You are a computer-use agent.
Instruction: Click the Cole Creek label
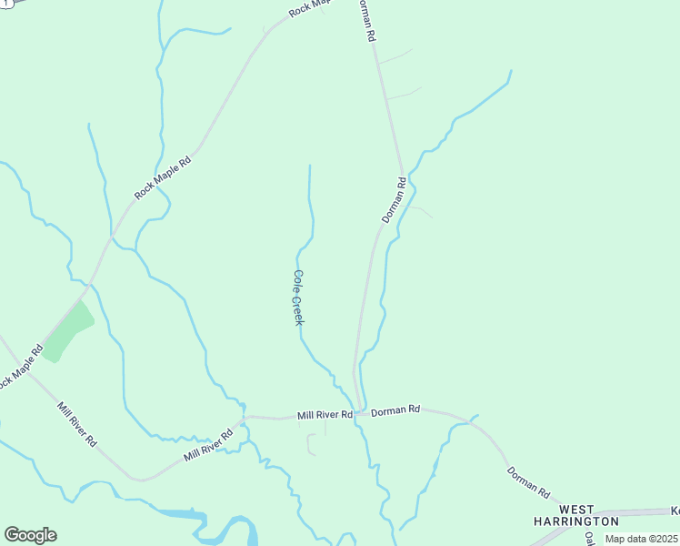point(297,298)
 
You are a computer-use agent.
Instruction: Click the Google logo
point(30,535)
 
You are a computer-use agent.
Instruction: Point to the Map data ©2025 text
point(641,539)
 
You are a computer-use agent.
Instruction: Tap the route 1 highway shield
point(5,4)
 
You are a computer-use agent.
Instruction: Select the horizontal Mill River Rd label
point(325,415)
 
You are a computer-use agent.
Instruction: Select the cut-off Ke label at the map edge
point(675,511)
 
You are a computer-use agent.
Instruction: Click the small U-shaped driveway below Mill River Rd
point(311,445)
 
